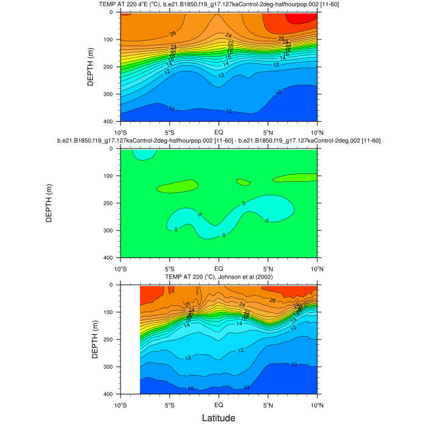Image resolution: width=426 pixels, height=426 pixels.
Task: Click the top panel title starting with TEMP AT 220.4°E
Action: point(218,5)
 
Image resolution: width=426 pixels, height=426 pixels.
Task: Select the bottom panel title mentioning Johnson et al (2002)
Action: point(218,277)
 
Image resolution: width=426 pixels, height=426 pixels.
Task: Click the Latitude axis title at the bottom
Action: point(218,417)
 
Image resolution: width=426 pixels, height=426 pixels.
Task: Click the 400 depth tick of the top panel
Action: point(111,122)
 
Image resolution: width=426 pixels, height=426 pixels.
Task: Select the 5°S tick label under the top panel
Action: point(170,131)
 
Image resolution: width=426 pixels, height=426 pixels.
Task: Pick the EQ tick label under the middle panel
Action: point(218,268)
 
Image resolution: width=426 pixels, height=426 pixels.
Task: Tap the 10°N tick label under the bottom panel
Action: point(317,404)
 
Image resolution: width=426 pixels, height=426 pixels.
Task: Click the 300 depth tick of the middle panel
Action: point(111,231)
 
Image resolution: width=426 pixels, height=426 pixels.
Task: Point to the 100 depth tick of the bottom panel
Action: point(111,312)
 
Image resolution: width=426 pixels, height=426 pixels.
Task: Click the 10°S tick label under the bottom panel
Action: point(120,404)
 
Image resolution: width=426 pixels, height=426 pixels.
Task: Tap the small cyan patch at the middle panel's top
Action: point(144,153)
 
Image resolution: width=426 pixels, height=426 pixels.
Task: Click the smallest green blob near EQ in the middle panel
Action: point(243,182)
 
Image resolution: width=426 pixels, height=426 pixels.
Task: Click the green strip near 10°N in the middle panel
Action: point(295,178)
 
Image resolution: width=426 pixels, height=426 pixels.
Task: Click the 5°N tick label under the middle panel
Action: point(268,268)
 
